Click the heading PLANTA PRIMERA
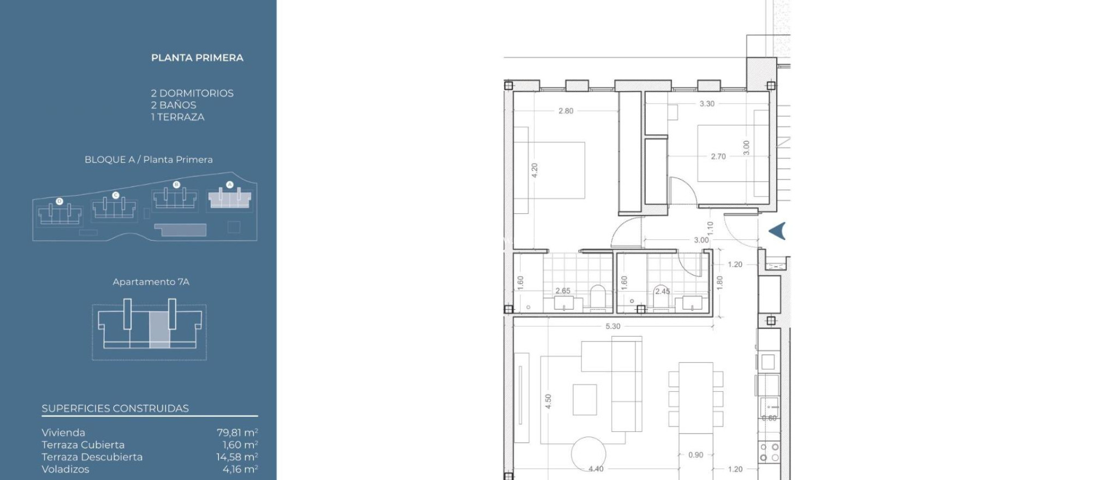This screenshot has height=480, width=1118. pos(197,58)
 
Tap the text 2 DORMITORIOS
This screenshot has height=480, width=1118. pos(192,93)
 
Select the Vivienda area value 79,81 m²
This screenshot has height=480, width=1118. pos(237,433)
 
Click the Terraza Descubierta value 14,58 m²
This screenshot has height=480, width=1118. pos(237,457)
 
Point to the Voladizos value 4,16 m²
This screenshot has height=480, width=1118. pos(240,469)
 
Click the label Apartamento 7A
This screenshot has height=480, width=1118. pos(151,282)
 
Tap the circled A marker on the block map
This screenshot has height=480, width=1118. pos(230,184)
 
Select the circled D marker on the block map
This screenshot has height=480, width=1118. pos(60,201)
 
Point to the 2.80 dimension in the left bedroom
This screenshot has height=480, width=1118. pos(566,111)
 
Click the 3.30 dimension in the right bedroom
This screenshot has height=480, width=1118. pos(706,104)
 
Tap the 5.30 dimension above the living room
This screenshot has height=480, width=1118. pos(612,326)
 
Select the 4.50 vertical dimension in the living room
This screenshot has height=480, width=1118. pos(548,401)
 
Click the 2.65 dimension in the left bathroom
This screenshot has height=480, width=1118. pos(562,291)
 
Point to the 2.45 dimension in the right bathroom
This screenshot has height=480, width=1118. pos(662,291)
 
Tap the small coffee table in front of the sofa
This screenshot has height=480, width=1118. pos(584,399)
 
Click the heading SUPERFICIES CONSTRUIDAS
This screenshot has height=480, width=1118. pos(115,409)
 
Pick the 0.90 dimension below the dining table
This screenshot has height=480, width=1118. pos(695,455)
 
